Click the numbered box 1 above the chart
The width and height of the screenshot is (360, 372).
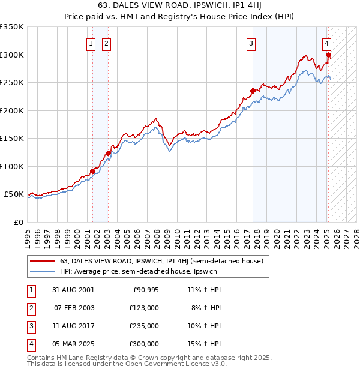(91, 43)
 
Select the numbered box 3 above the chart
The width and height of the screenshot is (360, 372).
(251, 43)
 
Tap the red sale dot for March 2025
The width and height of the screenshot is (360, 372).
(328, 56)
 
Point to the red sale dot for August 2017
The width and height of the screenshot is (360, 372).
(253, 92)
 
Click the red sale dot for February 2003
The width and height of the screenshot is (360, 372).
(108, 153)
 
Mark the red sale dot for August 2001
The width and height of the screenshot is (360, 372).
(93, 172)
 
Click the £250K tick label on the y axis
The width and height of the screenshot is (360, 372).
(12, 83)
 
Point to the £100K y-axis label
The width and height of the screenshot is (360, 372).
(12, 166)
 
